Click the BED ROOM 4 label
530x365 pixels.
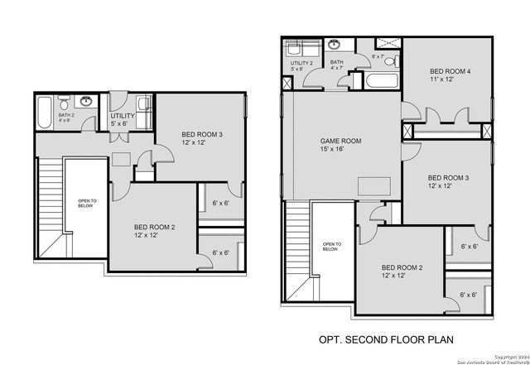451,72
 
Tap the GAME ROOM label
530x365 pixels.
340,142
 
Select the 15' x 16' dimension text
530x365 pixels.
332,151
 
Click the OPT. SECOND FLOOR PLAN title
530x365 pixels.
387,339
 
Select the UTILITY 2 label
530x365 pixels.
301,62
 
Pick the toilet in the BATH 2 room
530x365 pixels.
63,103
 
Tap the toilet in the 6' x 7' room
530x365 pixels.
393,62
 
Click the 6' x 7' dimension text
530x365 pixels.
378,56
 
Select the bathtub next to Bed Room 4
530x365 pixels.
382,82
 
